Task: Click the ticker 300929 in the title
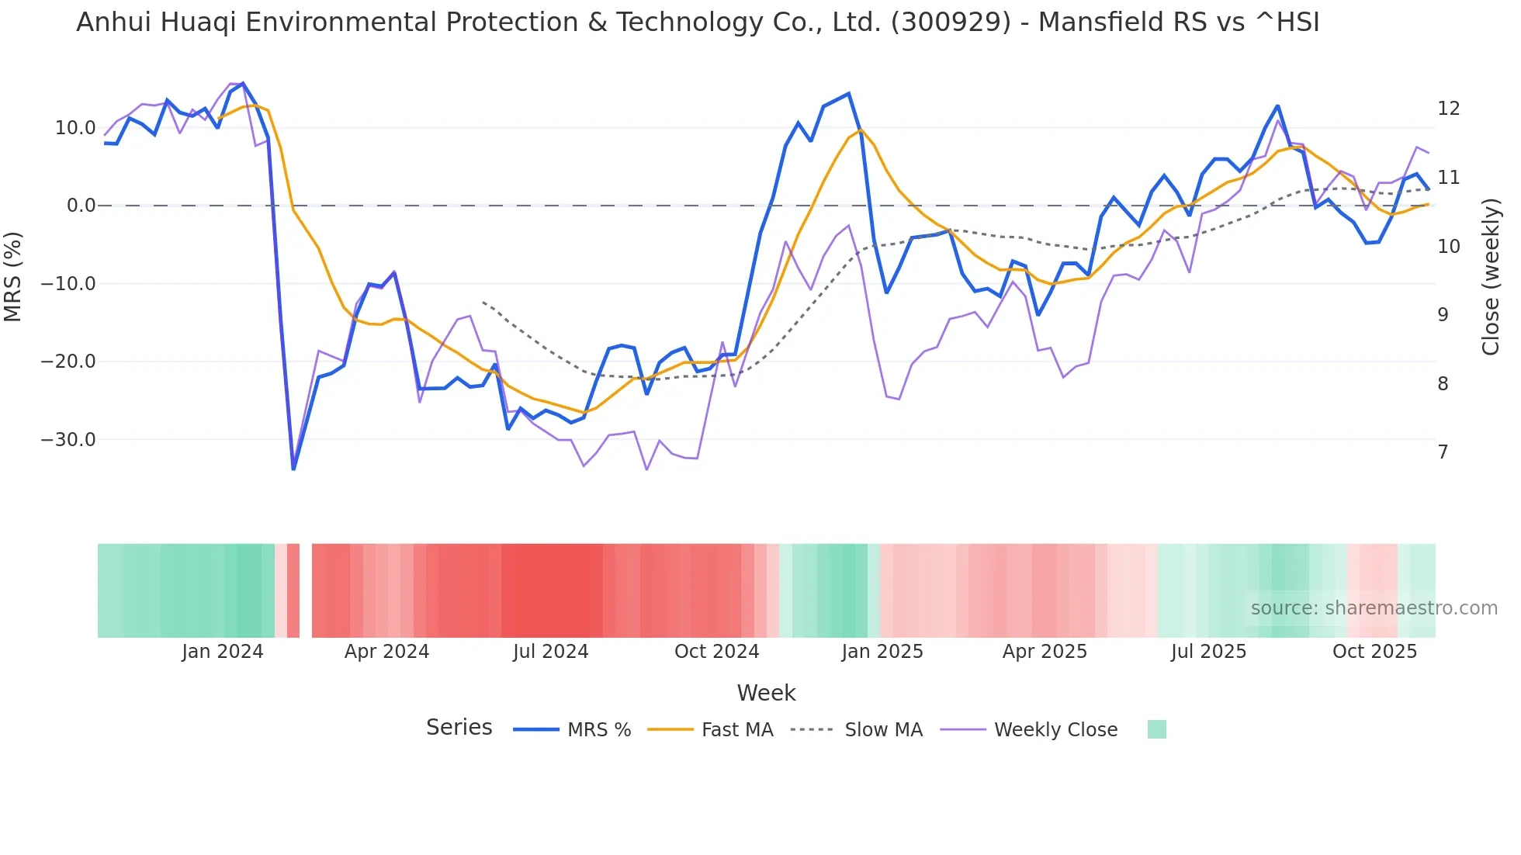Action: click(951, 22)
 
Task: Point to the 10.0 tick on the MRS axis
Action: click(75, 128)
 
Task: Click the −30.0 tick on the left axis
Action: click(68, 440)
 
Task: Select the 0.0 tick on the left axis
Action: click(81, 206)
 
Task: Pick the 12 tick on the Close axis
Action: click(1448, 109)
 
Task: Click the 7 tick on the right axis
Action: click(1443, 452)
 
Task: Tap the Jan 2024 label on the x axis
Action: click(223, 652)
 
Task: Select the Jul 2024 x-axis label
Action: click(550, 652)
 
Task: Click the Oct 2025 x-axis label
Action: click(1374, 652)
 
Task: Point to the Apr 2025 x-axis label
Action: click(1045, 652)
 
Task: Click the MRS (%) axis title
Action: click(13, 276)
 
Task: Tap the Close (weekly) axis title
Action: click(1490, 277)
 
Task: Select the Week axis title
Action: click(766, 693)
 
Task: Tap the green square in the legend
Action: click(1156, 730)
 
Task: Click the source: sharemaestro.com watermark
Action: click(1374, 608)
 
